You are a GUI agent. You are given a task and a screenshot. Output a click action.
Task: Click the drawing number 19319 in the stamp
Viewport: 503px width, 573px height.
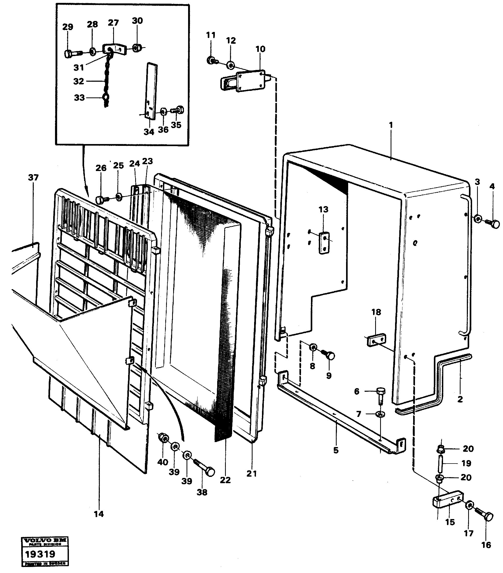pos(40,554)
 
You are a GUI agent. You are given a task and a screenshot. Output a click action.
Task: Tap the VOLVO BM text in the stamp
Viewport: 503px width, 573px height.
pos(45,541)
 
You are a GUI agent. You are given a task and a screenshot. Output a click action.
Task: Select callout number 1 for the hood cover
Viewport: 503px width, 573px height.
pos(391,125)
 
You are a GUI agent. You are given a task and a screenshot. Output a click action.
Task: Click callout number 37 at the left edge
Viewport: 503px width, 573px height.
pos(33,178)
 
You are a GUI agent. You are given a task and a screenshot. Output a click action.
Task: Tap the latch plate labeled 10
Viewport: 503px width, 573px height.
pos(251,81)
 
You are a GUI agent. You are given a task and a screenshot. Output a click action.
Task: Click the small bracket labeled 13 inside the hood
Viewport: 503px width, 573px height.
pos(324,243)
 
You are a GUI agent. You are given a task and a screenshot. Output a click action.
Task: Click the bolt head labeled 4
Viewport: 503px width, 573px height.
pos(495,224)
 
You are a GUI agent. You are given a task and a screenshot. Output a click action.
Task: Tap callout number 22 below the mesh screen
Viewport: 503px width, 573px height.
pos(225,480)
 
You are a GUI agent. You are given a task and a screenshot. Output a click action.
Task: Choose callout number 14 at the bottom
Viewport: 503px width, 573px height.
pos(99,514)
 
